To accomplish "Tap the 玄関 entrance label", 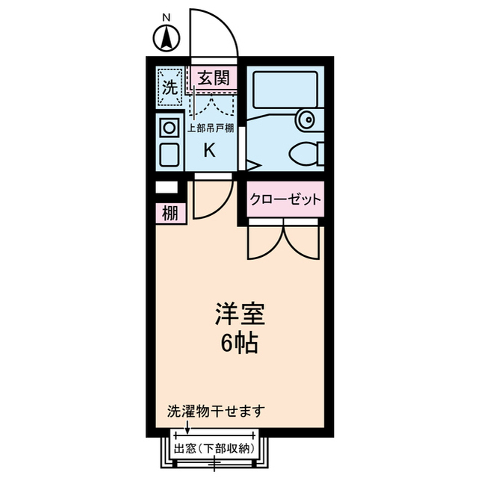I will click(x=213, y=77).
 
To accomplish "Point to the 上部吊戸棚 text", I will click(x=210, y=128).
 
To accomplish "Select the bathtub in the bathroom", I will click(x=284, y=89).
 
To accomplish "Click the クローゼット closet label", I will click(x=285, y=199).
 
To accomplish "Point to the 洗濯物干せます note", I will click(x=217, y=411).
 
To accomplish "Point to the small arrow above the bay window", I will click(x=187, y=427).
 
